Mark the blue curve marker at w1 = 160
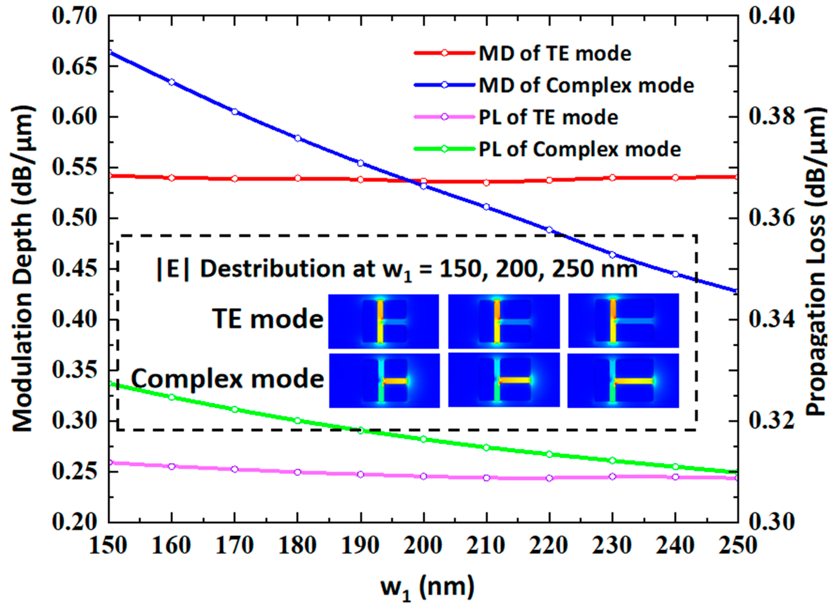point(172,82)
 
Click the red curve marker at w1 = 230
point(612,177)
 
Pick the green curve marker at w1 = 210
point(486,448)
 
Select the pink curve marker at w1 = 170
point(234,469)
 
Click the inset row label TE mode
point(267,319)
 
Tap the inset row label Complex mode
point(227,379)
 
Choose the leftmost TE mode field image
point(383,321)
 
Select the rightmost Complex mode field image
point(623,381)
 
